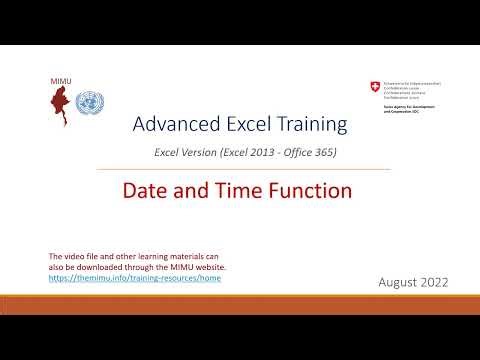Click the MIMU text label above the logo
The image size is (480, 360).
click(60, 79)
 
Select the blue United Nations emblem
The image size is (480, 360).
click(90, 103)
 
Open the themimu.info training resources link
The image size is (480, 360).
click(135, 277)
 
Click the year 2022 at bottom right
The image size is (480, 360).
click(436, 283)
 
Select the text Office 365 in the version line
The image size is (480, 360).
click(311, 152)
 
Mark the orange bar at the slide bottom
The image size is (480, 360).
click(240, 298)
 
